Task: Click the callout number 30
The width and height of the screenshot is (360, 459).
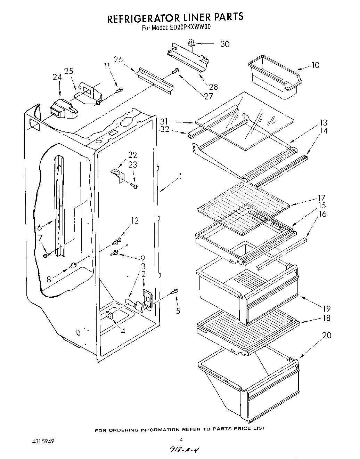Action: (x=225, y=44)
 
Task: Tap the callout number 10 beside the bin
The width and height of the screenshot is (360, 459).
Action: (x=315, y=65)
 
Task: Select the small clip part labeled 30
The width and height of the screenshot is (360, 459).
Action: (x=191, y=43)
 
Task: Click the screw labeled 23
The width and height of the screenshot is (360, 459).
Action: (x=134, y=186)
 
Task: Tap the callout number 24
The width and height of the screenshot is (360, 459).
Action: (x=57, y=77)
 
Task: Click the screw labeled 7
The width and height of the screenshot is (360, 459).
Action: (x=46, y=256)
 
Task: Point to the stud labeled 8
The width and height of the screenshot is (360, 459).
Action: (x=73, y=266)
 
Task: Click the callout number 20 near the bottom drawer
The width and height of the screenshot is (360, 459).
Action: (x=327, y=336)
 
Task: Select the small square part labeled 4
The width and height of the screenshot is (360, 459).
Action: (x=109, y=315)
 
